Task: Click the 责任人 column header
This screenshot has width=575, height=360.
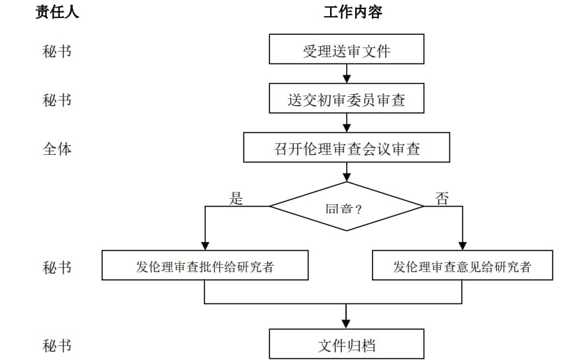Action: (x=57, y=12)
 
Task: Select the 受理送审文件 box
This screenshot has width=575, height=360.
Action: (x=346, y=50)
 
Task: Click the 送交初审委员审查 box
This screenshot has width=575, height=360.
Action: (x=346, y=99)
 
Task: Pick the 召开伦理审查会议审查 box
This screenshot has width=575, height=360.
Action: (x=346, y=148)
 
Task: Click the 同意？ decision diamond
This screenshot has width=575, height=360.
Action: (x=346, y=207)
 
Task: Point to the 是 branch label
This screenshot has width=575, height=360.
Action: (x=237, y=198)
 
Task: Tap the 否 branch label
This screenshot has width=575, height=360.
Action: (x=442, y=198)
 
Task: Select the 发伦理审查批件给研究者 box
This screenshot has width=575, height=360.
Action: (x=204, y=266)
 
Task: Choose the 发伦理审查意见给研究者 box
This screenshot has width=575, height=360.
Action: (x=462, y=266)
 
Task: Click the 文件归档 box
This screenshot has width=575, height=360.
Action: (x=346, y=344)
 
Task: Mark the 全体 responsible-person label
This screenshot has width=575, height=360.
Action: (x=57, y=149)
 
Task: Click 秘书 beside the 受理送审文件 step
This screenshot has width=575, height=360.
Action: (x=57, y=51)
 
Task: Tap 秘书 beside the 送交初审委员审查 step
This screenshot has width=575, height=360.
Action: (x=57, y=100)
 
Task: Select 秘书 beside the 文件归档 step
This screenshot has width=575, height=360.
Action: (x=57, y=345)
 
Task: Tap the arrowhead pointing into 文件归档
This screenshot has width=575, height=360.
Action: (x=346, y=324)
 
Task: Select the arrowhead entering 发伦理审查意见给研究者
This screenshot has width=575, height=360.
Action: (x=462, y=246)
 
